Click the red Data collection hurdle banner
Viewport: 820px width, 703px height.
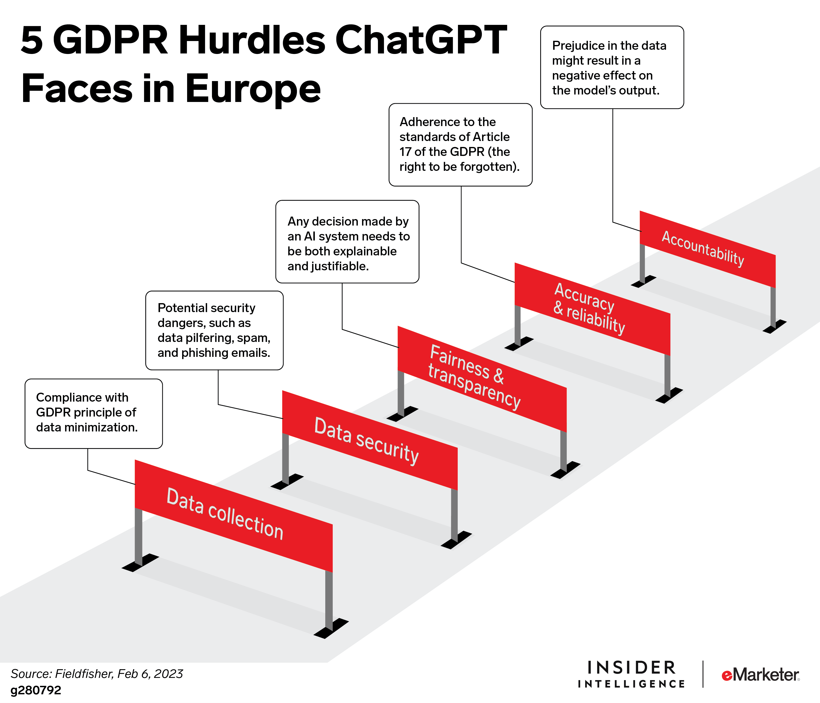tap(234, 516)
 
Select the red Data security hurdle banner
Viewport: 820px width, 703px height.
tap(370, 440)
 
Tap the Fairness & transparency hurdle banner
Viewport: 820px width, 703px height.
tap(482, 379)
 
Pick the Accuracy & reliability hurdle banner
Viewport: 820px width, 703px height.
tap(592, 309)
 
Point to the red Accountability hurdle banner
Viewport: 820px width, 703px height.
tap(708, 249)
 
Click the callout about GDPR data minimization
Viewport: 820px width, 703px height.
tap(94, 414)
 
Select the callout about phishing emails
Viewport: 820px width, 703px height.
tap(214, 330)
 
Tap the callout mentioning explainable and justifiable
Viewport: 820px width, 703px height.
tap(347, 242)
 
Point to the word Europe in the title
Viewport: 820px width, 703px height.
tap(253, 90)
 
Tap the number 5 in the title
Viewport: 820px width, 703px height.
tap(32, 40)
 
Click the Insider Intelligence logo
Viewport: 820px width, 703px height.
tap(631, 674)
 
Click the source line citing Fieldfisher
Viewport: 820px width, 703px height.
tap(97, 674)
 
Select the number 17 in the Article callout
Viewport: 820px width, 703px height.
tap(405, 152)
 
